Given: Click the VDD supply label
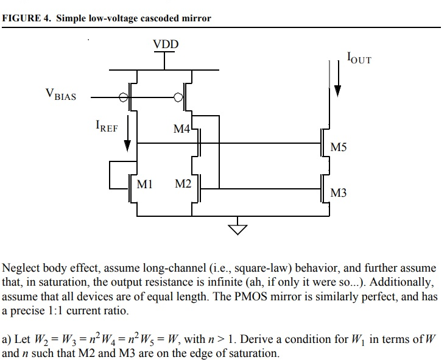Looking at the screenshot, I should [166, 44].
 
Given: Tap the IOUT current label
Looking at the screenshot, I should [358, 58].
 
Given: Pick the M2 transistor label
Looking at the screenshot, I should [183, 183].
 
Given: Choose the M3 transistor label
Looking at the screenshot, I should [339, 193].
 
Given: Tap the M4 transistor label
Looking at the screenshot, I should [182, 129].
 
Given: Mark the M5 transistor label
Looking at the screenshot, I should [339, 147].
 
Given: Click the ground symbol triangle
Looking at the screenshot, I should [238, 228].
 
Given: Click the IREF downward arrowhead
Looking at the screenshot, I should [128, 146].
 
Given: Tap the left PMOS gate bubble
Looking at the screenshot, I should [124, 97].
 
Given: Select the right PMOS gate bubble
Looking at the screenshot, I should [178, 97].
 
